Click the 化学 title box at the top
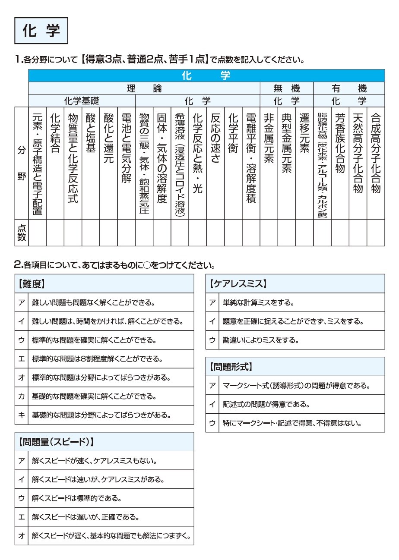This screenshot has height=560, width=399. coord(41,31)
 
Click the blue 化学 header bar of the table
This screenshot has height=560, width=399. coord(206,76)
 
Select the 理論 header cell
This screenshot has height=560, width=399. coord(144,89)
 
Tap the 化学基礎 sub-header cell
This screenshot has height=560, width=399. coord(82,101)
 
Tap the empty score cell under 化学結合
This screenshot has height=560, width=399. coord(55,233)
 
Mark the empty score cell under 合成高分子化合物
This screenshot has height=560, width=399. coord(376,233)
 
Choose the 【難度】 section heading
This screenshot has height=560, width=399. coord(32,284)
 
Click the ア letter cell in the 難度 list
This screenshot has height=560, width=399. coord(22,302)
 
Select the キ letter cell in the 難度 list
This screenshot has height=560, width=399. coord(22,415)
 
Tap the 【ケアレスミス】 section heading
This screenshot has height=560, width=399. coord(238,284)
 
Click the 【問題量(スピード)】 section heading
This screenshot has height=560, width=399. coord(56,442)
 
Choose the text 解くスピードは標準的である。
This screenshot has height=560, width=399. coord(76,498)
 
